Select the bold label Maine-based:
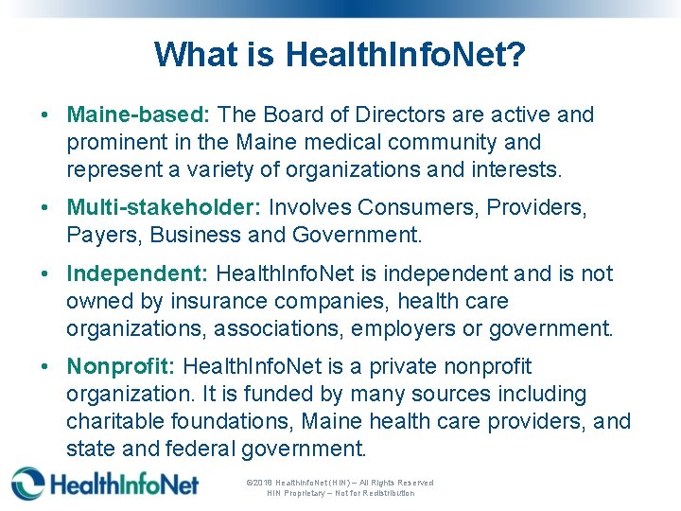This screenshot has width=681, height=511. [138, 115]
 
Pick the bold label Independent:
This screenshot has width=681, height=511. [137, 273]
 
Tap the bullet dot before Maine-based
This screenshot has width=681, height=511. [45, 115]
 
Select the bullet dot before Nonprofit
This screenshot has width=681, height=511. [45, 366]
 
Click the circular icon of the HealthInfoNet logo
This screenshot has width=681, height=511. [28, 483]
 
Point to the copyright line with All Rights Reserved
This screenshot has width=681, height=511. [340, 483]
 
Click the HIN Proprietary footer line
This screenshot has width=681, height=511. [340, 493]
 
